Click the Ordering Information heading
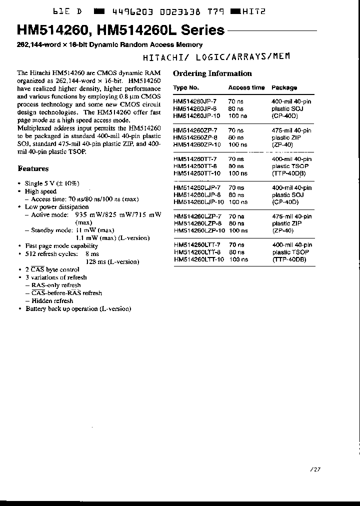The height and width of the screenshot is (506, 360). point(212,73)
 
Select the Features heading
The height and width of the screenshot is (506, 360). point(33,169)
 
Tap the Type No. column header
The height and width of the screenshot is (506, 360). point(186,87)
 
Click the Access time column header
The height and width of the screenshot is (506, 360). point(246,87)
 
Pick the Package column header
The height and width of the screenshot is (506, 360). point(284,87)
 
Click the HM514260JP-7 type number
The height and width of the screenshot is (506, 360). point(195,101)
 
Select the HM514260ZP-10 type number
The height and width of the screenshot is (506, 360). point(196,144)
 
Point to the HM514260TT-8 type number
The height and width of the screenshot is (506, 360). point(195,166)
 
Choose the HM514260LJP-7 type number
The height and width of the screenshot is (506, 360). point(196,188)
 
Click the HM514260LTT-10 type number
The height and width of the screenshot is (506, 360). point(198,259)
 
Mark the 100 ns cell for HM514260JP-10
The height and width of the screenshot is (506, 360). point(237,116)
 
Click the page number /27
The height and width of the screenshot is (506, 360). point(314,469)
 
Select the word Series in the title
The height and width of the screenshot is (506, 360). point(203,31)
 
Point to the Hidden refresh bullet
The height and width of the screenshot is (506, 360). point(52,301)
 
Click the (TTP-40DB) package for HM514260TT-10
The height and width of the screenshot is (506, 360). point(288,173)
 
